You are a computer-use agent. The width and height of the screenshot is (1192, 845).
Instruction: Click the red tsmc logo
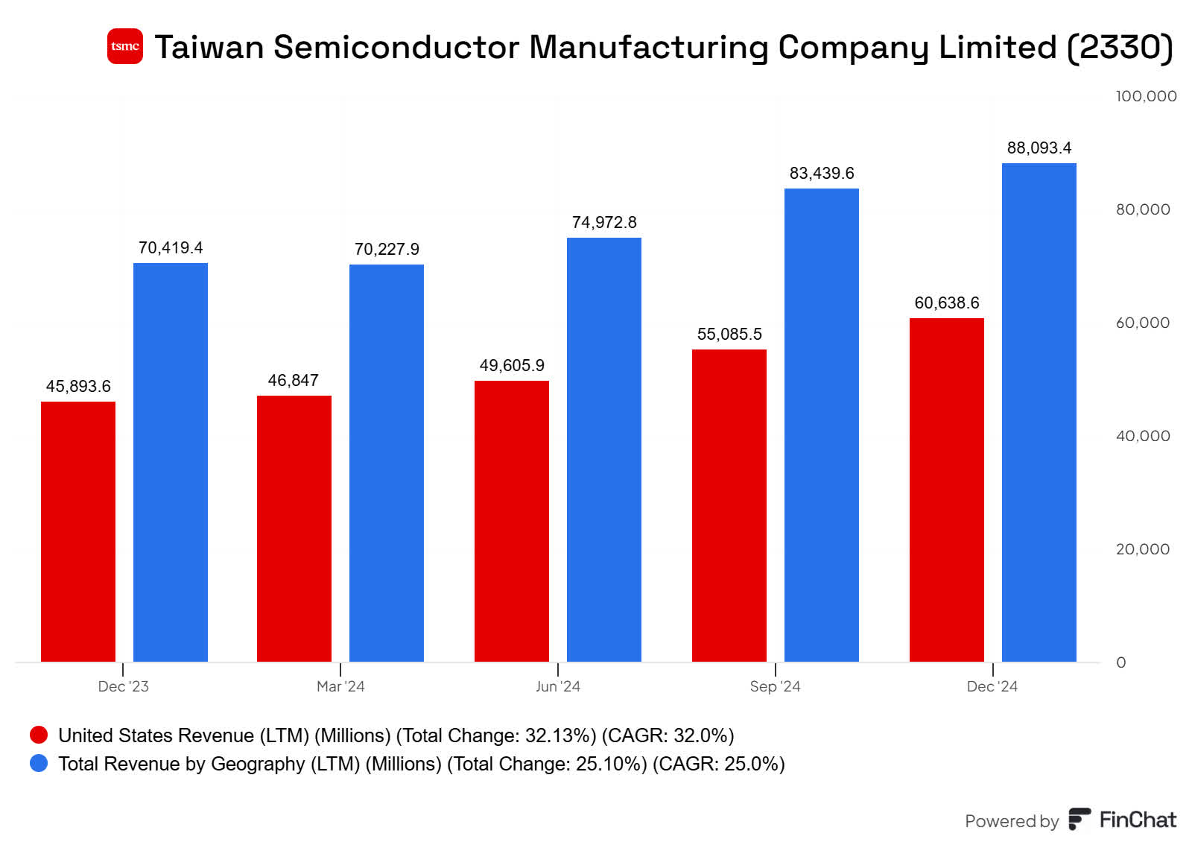point(124,46)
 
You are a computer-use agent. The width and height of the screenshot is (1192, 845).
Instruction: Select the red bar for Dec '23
point(78,531)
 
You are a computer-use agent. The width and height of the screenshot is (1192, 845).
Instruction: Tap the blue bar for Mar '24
point(387,462)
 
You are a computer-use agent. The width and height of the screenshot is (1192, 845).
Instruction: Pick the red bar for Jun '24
point(512,520)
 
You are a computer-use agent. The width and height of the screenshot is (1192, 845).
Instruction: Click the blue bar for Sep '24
point(822,425)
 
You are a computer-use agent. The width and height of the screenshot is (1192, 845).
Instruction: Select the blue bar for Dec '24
point(1039,411)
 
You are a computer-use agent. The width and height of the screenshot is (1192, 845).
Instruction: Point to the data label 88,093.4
point(1039,148)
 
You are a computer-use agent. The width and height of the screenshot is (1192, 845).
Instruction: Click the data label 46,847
point(294,380)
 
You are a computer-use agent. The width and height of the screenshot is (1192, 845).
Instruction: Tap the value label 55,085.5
point(729,334)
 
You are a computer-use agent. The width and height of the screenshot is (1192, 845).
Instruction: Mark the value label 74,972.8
point(604,222)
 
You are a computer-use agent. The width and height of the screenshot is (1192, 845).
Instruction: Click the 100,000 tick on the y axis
point(1145,96)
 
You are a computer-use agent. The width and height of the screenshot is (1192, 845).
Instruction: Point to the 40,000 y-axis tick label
point(1142,436)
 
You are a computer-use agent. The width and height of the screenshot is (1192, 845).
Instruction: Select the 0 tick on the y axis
point(1120,662)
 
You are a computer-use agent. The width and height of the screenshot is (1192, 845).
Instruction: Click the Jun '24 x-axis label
point(557,686)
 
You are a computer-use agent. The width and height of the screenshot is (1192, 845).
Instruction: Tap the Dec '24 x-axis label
point(992,686)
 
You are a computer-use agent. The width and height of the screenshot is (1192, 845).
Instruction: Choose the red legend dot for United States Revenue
point(39,735)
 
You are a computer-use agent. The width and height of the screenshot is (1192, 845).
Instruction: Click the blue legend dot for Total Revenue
point(39,763)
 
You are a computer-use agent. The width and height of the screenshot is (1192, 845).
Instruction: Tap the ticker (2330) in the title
point(1120,47)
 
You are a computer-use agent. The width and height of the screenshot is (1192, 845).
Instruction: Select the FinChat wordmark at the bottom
point(1137,820)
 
